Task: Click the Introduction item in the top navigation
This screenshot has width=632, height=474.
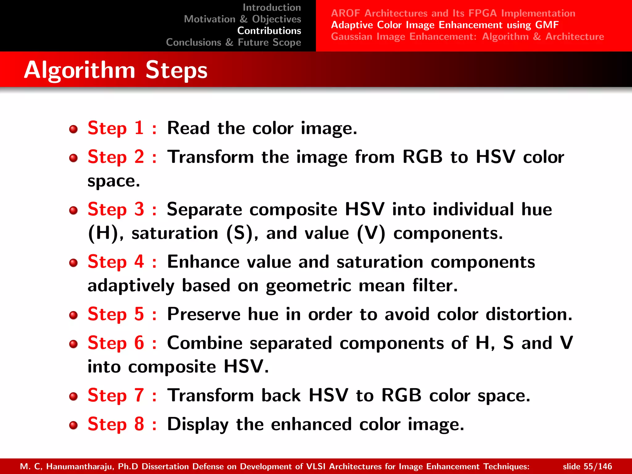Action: click(272, 7)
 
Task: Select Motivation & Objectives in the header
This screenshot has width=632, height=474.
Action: click(242, 19)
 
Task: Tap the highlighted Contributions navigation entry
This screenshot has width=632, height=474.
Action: click(269, 31)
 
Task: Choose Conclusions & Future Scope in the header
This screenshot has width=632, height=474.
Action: click(233, 42)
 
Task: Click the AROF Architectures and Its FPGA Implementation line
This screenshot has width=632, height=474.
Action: click(453, 13)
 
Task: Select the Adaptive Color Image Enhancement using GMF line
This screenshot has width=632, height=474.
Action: click(445, 25)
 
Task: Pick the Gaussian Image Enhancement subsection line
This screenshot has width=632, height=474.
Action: click(467, 37)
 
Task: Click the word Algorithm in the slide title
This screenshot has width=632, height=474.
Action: click(80, 70)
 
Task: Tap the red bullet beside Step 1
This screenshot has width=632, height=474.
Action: click(73, 129)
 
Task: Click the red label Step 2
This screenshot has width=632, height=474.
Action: click(116, 157)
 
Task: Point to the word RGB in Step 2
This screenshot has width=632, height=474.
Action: click(422, 157)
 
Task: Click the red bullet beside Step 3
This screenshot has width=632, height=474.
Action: click(73, 210)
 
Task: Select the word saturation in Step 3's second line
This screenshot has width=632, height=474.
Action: click(175, 233)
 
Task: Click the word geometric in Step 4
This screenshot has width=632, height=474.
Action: click(308, 286)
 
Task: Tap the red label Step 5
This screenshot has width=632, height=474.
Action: click(116, 314)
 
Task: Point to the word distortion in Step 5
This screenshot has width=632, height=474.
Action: click(529, 314)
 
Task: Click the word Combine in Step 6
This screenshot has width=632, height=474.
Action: click(205, 343)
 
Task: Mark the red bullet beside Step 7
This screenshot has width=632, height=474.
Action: click(73, 396)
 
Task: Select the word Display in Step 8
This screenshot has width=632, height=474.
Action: click(197, 424)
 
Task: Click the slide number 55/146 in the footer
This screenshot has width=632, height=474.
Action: click(597, 466)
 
